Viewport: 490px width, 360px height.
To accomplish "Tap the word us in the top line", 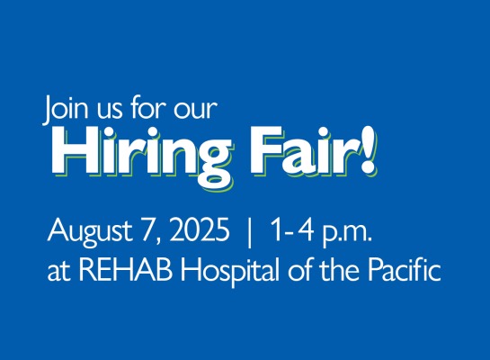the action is [110, 112].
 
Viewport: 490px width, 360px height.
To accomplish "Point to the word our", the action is [195, 112].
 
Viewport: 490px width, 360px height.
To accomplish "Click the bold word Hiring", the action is [142, 157].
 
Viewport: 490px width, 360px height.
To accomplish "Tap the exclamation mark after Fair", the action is [368, 150].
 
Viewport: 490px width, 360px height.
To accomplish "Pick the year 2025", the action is [199, 229].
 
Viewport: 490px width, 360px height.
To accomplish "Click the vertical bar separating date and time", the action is [249, 232].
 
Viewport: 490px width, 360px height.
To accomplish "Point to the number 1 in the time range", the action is [278, 229].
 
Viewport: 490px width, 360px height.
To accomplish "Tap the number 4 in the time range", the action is [305, 229].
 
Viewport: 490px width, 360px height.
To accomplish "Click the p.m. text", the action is [348, 235].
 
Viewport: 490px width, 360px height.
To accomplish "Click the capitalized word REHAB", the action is [126, 269].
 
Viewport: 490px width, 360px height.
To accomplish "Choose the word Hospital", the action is [230, 271].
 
